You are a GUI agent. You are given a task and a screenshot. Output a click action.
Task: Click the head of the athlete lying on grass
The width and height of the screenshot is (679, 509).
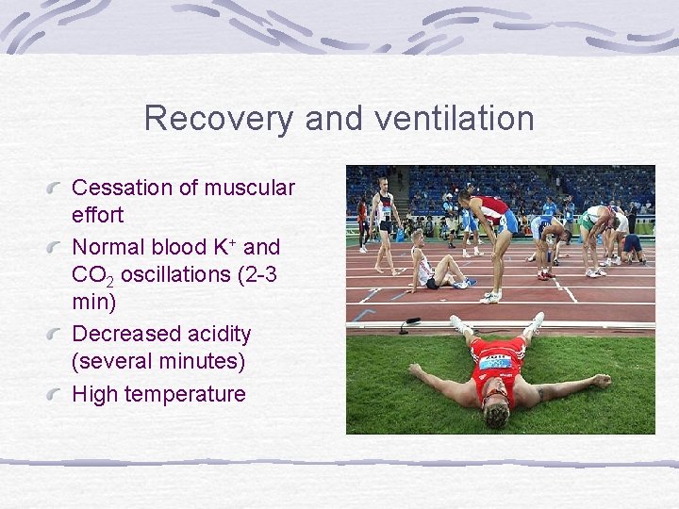point(495,413)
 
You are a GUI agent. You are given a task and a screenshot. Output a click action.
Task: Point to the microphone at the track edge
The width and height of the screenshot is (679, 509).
point(409,325)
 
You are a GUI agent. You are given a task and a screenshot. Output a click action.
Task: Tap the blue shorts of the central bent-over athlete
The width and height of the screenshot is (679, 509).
point(508,223)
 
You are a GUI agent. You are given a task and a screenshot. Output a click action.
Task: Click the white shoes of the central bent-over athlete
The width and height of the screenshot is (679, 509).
point(490,295)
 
